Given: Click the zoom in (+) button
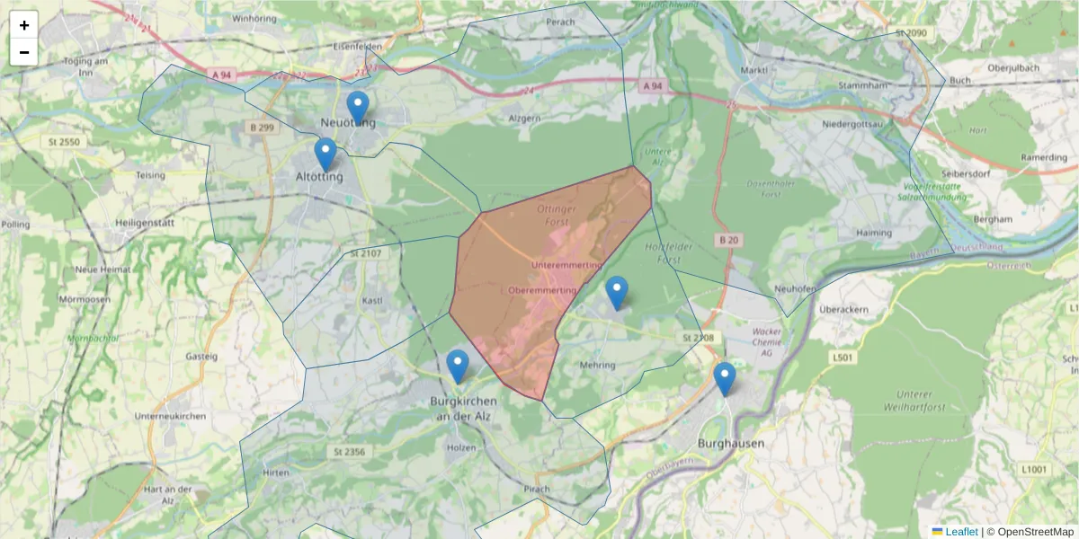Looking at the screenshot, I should pyautogui.click(x=24, y=25).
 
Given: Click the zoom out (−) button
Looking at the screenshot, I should pyautogui.click(x=24, y=52).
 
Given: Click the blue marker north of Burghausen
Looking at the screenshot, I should pyautogui.click(x=725, y=378).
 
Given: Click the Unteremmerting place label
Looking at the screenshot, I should pyautogui.click(x=566, y=266).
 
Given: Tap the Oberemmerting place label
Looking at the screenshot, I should pyautogui.click(x=542, y=291).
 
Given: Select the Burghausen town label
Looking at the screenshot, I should pyautogui.click(x=731, y=444).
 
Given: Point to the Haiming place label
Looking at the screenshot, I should pyautogui.click(x=849, y=233).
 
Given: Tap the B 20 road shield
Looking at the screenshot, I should pyautogui.click(x=728, y=240).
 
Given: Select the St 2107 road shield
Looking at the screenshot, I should pyautogui.click(x=366, y=254).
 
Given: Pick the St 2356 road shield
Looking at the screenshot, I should pyautogui.click(x=348, y=451).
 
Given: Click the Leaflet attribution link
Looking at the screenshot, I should pyautogui.click(x=960, y=532).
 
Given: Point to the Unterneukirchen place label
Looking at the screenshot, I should pyautogui.click(x=170, y=416).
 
